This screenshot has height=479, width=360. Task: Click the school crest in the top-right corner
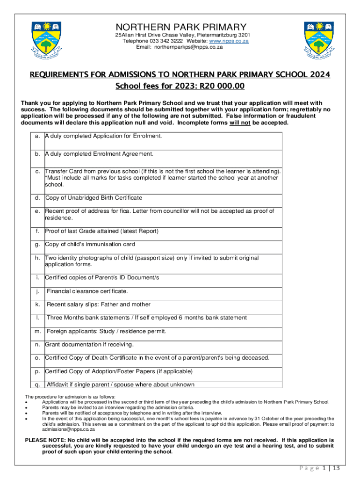(319, 41)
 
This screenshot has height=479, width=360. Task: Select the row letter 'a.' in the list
(37, 136)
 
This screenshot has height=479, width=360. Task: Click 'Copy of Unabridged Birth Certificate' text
(94, 198)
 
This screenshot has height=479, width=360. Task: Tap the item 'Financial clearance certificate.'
(87, 291)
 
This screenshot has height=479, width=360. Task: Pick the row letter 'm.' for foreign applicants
(37, 331)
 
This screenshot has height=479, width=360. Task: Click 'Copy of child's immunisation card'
(90, 244)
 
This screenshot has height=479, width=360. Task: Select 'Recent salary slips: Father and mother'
(99, 305)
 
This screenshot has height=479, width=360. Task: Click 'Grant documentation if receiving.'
(89, 345)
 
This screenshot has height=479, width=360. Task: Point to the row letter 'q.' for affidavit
(37, 385)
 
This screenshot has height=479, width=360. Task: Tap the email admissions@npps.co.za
(68, 429)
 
